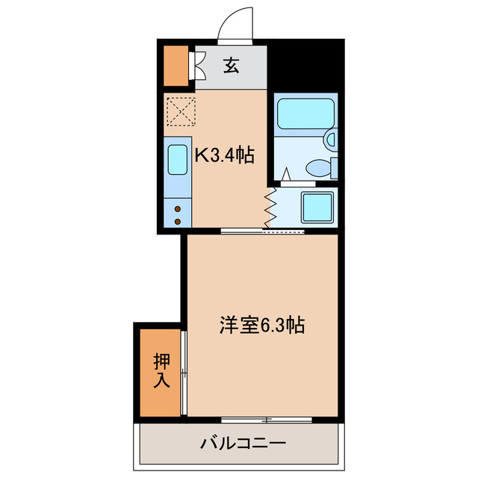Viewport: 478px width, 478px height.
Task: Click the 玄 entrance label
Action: [231, 66]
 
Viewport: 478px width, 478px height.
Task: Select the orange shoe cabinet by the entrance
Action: [177, 66]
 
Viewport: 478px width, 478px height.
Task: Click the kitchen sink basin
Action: [178, 159]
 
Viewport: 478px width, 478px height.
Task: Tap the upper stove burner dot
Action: [178, 210]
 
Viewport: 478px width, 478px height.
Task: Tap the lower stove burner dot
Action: [178, 221]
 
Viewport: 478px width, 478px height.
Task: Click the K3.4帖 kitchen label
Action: [225, 155]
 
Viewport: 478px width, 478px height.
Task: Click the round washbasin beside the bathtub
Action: [331, 139]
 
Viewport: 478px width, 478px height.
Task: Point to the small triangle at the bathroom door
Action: [285, 176]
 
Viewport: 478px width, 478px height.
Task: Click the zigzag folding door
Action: [270, 207]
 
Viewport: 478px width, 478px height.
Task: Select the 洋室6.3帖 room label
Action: [261, 326]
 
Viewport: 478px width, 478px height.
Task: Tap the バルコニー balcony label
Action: [242, 444]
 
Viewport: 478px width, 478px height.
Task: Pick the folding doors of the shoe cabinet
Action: [199, 65]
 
